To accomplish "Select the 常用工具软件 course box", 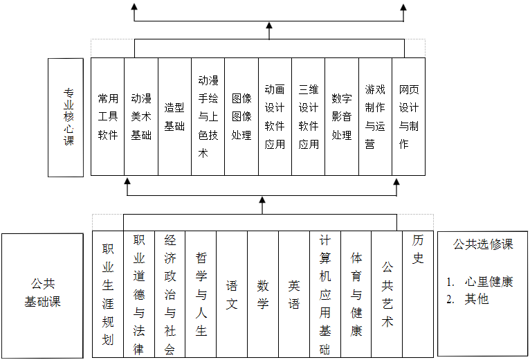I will click(x=107, y=116).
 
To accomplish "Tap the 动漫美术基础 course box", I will click(x=141, y=116).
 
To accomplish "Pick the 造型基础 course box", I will click(x=174, y=116).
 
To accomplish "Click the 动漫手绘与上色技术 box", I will click(x=208, y=116).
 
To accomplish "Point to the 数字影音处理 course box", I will click(x=342, y=116).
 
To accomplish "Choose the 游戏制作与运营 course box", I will click(x=375, y=116).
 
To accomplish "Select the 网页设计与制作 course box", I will click(x=408, y=116).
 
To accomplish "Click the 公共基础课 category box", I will click(x=43, y=294).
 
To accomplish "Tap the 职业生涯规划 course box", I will click(x=108, y=294).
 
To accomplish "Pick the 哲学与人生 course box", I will click(x=201, y=294).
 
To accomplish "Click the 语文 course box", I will click(x=232, y=294).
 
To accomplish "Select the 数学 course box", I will click(x=263, y=294).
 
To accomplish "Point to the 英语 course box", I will click(x=294, y=294).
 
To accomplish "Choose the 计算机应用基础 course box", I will click(x=325, y=294).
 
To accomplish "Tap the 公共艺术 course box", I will click(x=387, y=294).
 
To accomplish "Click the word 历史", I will click(x=418, y=250).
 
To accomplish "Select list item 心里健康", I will click(x=488, y=282).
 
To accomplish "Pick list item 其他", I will click(x=477, y=299).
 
